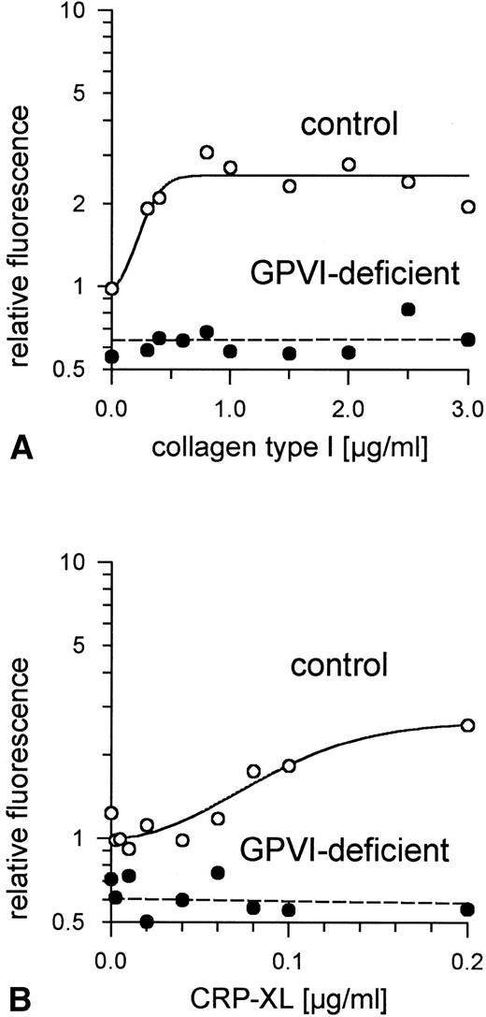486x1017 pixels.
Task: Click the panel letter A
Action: (x=21, y=448)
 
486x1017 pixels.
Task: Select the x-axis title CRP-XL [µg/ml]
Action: (x=286, y=1000)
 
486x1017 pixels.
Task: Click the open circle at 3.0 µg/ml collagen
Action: (x=468, y=207)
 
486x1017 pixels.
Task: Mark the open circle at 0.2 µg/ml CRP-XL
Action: (x=468, y=725)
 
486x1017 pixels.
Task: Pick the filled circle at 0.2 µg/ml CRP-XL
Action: (x=468, y=909)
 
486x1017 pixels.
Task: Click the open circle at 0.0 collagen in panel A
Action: (x=112, y=288)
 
